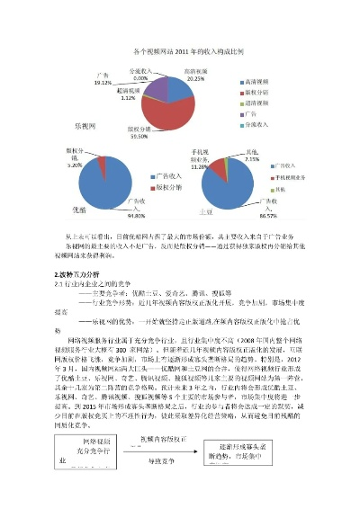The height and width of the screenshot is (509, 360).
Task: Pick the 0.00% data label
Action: click(x=139, y=75)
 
